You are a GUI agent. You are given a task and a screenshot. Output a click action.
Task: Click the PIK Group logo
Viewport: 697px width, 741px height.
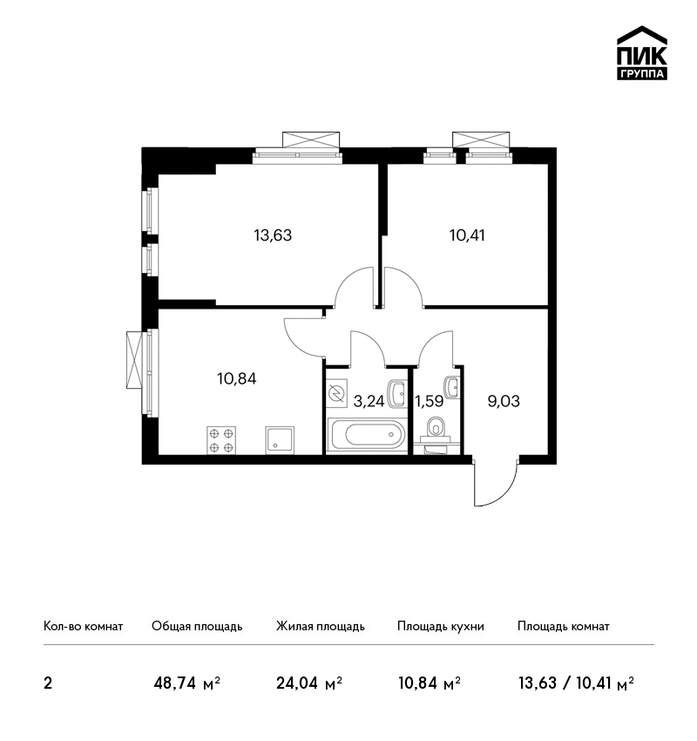(x=642, y=53)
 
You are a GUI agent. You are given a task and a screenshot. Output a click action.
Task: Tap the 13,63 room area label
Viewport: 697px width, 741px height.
(x=273, y=235)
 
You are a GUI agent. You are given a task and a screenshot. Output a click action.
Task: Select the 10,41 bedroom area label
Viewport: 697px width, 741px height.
(x=467, y=235)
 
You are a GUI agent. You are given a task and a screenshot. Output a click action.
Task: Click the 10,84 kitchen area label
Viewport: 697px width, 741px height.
(x=237, y=378)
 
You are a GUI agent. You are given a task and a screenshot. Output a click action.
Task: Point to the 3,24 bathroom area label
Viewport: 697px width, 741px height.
(x=369, y=401)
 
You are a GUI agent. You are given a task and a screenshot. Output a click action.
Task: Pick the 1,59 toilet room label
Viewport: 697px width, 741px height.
(x=429, y=401)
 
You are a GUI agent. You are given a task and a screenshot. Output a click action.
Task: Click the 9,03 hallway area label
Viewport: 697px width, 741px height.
(x=504, y=401)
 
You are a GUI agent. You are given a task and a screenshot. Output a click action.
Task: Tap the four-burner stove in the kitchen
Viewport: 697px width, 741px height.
(x=221, y=440)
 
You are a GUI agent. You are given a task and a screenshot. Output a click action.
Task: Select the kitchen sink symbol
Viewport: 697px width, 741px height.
(x=280, y=440)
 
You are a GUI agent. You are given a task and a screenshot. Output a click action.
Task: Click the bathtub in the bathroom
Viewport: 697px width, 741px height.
(x=367, y=435)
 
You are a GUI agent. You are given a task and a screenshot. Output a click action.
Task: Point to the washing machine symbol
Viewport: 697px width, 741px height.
(x=337, y=393)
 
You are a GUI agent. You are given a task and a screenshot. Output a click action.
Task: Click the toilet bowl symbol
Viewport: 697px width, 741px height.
(x=436, y=428)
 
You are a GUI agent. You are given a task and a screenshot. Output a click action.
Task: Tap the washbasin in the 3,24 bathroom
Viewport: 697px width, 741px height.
(x=396, y=394)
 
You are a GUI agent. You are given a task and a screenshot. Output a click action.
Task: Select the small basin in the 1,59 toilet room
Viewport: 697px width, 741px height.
(x=451, y=388)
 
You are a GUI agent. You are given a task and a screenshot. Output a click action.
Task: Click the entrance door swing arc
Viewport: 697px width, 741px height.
(x=506, y=493)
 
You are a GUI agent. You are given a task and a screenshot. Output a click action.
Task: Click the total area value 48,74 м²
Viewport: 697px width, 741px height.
(x=187, y=683)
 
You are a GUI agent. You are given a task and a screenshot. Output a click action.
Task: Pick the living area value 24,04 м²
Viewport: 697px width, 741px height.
(x=309, y=683)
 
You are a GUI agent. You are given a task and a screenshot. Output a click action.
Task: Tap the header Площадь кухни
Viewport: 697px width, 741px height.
(x=441, y=627)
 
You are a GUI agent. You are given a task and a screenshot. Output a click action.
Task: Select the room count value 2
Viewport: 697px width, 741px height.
(x=48, y=683)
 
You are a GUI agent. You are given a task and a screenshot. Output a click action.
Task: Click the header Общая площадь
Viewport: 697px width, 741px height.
(x=197, y=627)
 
